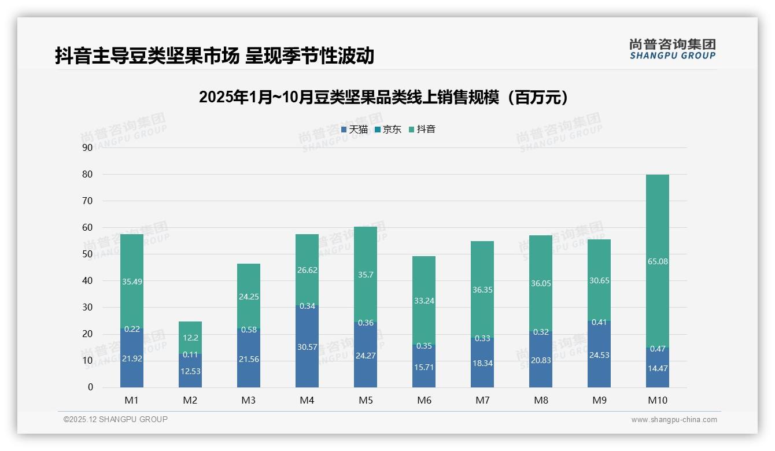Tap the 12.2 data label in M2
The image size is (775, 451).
[190, 338]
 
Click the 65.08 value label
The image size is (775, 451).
[658, 261]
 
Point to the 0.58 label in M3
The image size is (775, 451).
[249, 329]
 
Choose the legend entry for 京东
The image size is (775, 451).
[387, 130]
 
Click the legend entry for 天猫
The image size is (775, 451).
[354, 130]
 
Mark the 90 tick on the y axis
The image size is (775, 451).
[87, 147]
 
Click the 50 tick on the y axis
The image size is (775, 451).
[87, 254]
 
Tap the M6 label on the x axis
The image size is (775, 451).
[424, 400]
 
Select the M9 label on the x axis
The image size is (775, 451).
[599, 400]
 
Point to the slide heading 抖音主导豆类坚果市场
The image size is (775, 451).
[215, 56]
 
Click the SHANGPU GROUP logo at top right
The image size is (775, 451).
[673, 49]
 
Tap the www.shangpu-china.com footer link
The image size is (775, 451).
[674, 420]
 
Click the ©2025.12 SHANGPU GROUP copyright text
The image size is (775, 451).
[116, 420]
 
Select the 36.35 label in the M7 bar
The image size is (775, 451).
[482, 290]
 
